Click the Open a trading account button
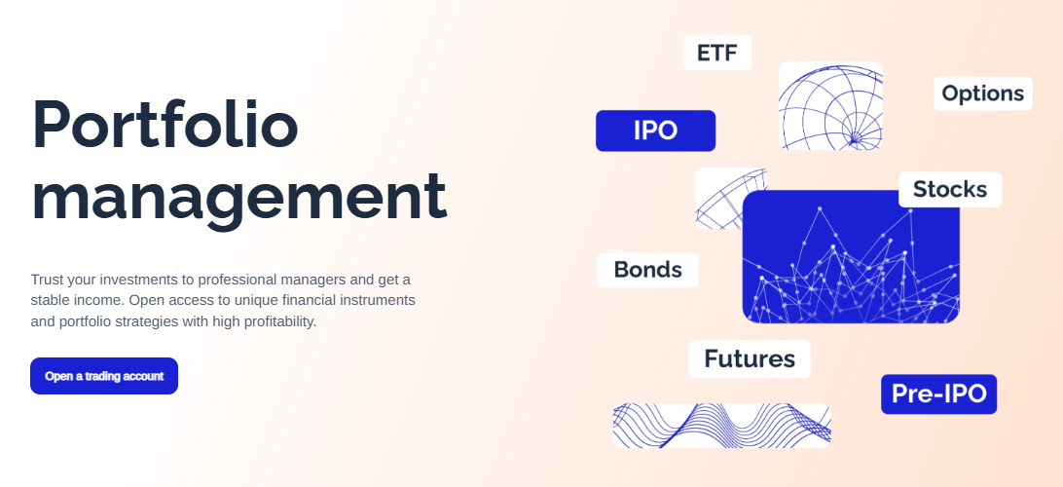pyautogui.click(x=104, y=376)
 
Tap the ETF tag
pyautogui.click(x=717, y=53)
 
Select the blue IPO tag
pyautogui.click(x=655, y=131)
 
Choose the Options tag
pyautogui.click(x=983, y=93)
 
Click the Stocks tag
pyautogui.click(x=950, y=189)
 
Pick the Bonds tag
pyautogui.click(x=647, y=269)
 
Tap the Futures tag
pyautogui.click(x=750, y=358)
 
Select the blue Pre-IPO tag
pyautogui.click(x=939, y=393)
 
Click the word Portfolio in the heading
pyautogui.click(x=165, y=125)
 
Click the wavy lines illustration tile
pyautogui.click(x=722, y=426)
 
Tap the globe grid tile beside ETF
pyautogui.click(x=830, y=106)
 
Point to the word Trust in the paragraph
pyautogui.click(x=47, y=280)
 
